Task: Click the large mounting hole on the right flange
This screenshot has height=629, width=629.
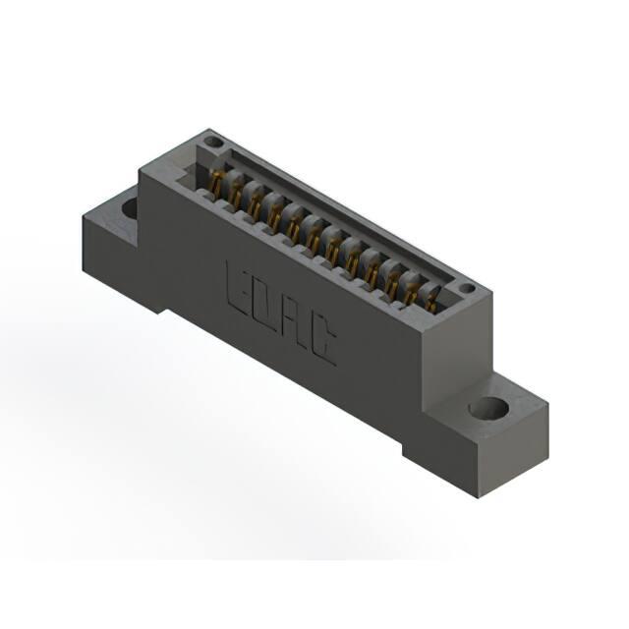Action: click(488, 408)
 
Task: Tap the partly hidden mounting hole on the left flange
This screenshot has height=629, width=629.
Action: click(131, 208)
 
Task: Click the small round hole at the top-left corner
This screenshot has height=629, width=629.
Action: click(212, 142)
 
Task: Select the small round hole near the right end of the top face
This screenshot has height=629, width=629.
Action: click(467, 288)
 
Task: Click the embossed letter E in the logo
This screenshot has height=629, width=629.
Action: click(237, 290)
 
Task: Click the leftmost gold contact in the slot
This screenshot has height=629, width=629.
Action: click(216, 183)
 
